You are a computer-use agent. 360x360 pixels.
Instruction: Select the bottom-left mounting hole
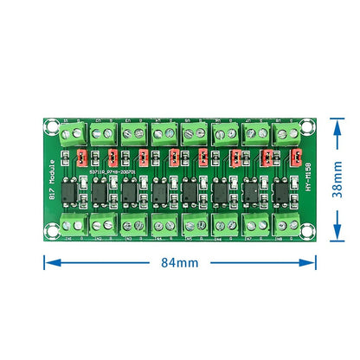[51, 229]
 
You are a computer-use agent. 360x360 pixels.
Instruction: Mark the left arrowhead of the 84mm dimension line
[43, 261]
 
